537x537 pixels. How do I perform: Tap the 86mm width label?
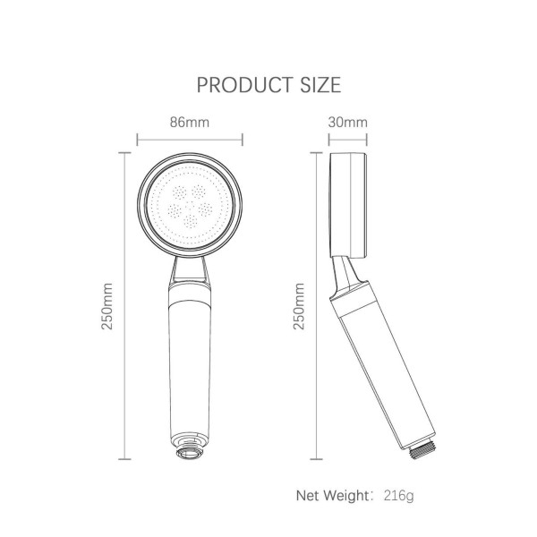189,122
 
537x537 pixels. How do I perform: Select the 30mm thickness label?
348,122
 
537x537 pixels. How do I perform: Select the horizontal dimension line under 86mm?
190,140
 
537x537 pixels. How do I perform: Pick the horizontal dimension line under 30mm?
348,140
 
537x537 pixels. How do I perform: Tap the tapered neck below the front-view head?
189,268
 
